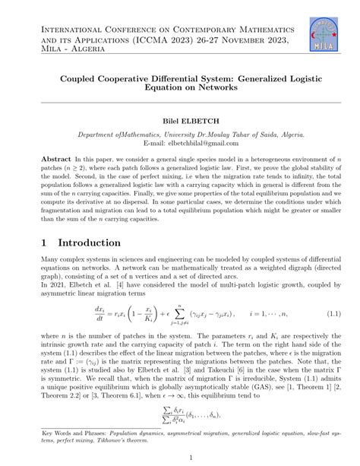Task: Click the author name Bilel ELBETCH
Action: tap(179, 120)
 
